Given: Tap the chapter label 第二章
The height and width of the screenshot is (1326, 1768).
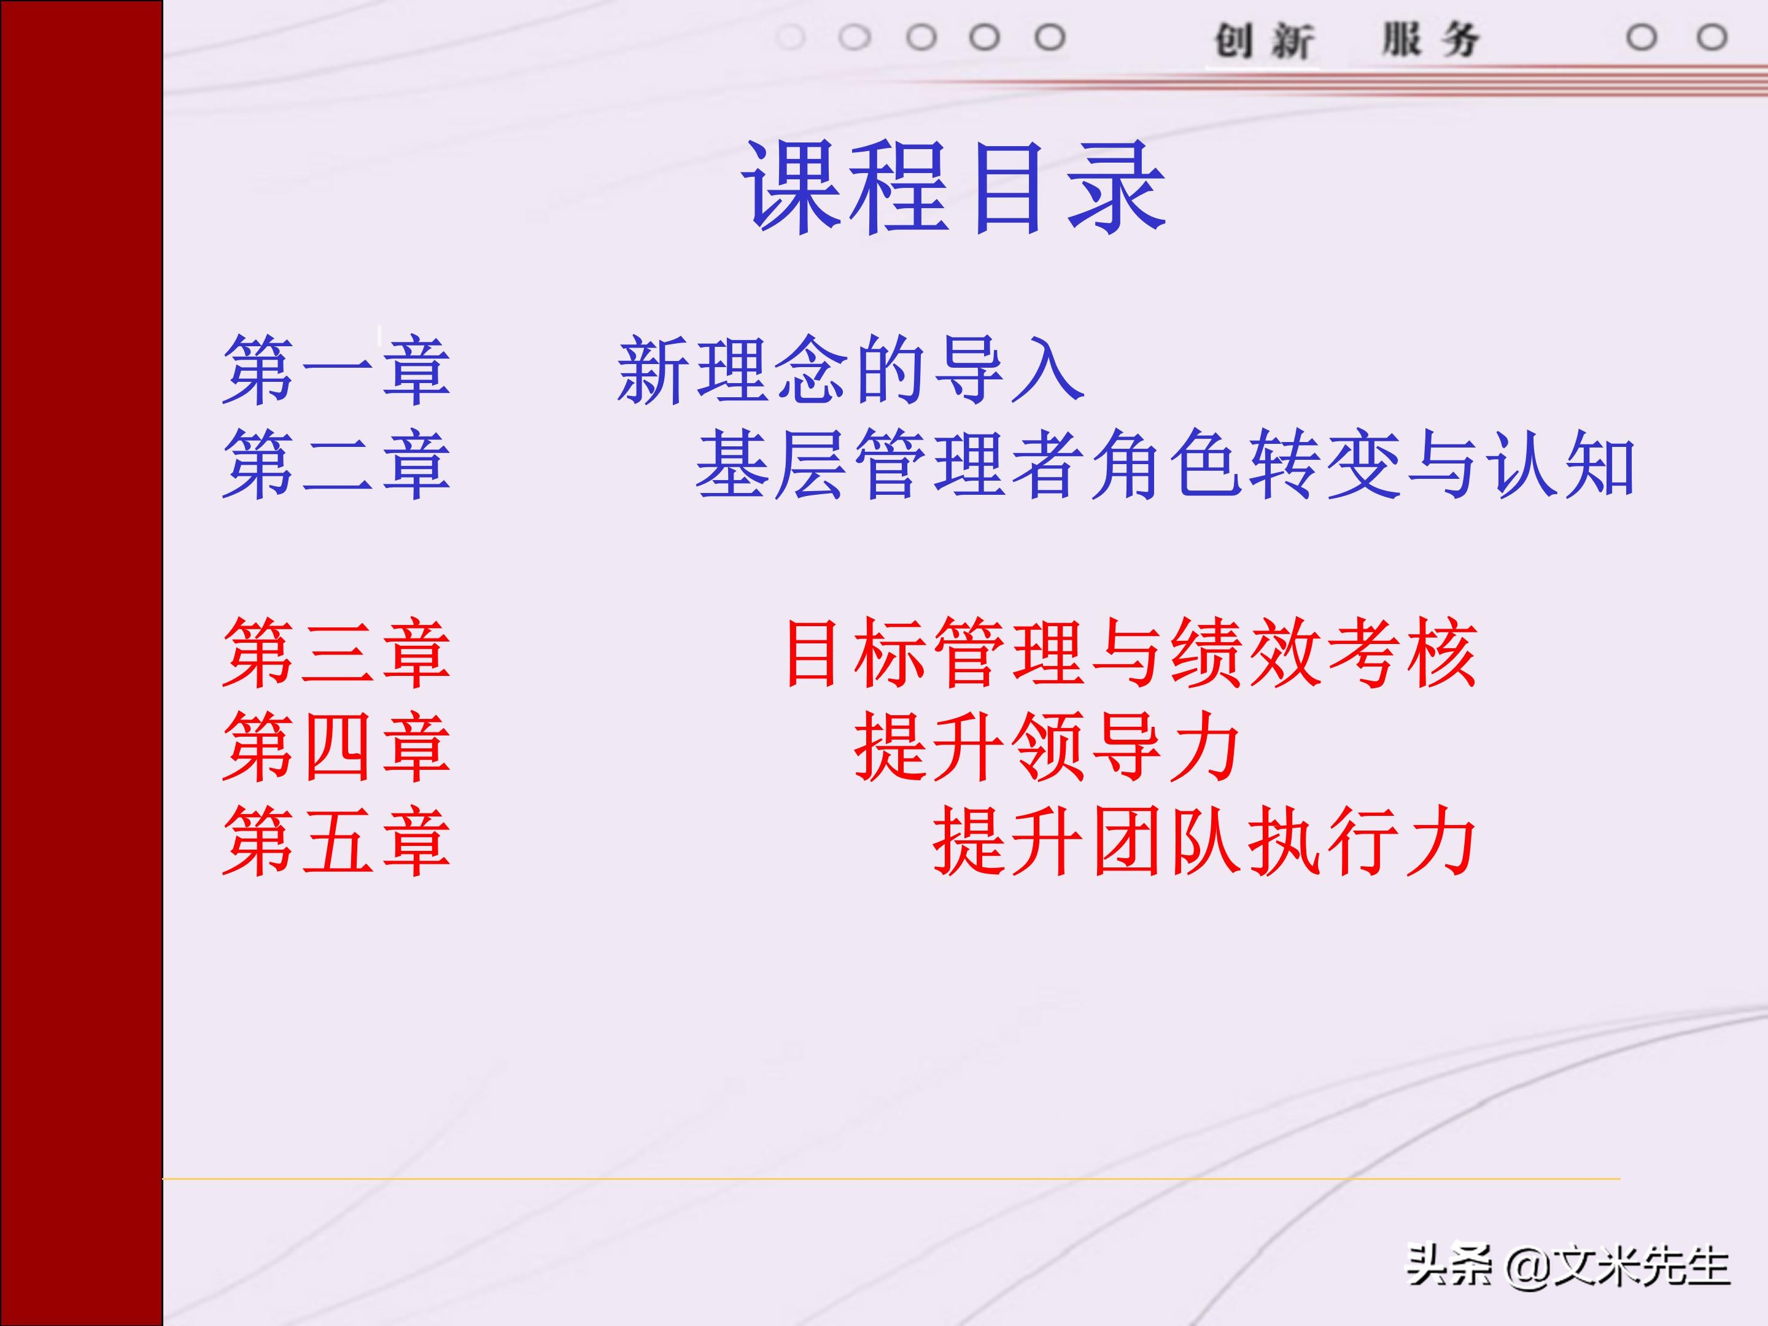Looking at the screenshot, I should pyautogui.click(x=336, y=464).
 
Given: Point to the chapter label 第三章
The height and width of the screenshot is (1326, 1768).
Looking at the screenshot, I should pyautogui.click(x=336, y=653).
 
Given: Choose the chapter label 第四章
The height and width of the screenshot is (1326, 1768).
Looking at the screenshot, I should pyautogui.click(x=336, y=747).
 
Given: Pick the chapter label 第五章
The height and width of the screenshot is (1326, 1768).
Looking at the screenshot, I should pyautogui.click(x=336, y=841).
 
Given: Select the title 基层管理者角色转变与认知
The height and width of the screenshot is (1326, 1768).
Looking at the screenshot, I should pyautogui.click(x=1165, y=464).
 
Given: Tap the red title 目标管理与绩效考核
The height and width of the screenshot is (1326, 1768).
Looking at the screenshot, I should pyautogui.click(x=1130, y=653).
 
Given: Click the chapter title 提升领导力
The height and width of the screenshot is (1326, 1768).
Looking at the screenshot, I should pyautogui.click(x=1047, y=747).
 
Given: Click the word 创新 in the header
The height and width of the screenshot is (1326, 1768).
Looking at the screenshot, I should pyautogui.click(x=1263, y=40).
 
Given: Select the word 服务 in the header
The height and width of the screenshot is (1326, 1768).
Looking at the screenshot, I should pyautogui.click(x=1431, y=40).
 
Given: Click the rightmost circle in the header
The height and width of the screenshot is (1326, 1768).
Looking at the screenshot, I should pyautogui.click(x=1712, y=37).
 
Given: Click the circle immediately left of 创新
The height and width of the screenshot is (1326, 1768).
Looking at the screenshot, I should pyautogui.click(x=1050, y=37).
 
